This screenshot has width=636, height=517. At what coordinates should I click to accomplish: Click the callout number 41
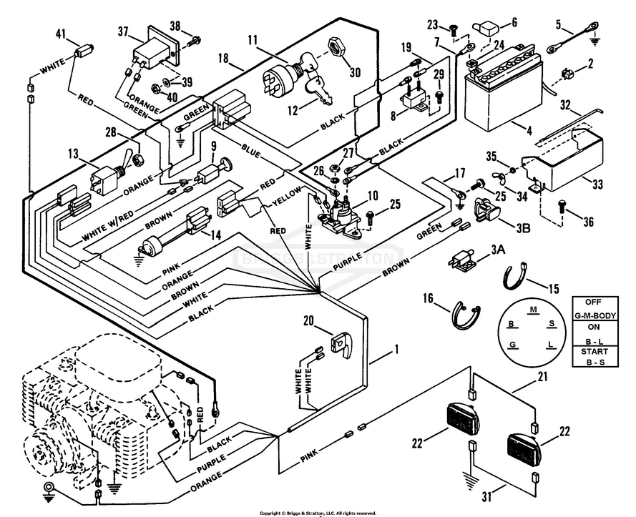(x=60, y=34)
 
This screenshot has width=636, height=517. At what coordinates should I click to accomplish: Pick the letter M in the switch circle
(x=533, y=310)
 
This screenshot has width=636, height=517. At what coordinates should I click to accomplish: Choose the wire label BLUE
(x=252, y=152)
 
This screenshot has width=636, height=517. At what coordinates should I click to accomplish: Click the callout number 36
(x=589, y=222)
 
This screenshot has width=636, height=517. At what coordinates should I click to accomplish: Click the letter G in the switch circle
(x=512, y=345)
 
